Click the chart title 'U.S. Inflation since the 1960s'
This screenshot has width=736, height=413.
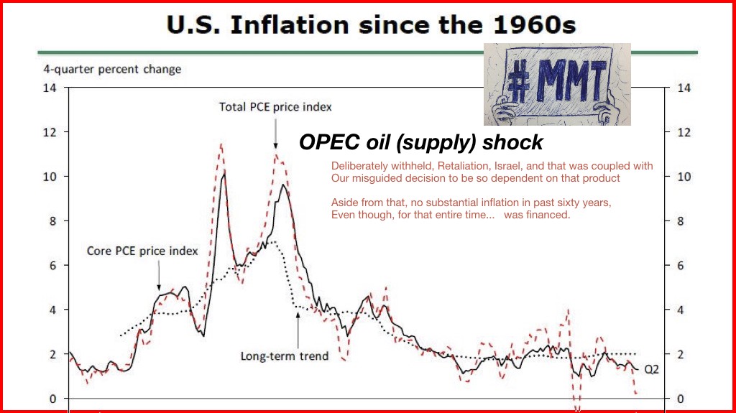pyautogui.click(x=371, y=27)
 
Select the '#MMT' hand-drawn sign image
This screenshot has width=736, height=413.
pyautogui.click(x=557, y=84)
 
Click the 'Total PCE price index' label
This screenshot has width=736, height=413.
pyautogui.click(x=275, y=107)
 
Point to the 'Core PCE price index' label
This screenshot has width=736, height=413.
pyautogui.click(x=142, y=251)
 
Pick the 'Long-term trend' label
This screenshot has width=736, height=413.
pyautogui.click(x=284, y=356)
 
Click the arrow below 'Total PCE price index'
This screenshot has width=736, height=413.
pyautogui.click(x=275, y=134)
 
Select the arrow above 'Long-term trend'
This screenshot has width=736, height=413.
pyautogui.click(x=298, y=328)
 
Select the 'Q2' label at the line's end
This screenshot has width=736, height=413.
pyautogui.click(x=651, y=370)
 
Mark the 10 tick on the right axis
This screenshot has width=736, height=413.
pyautogui.click(x=684, y=177)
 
